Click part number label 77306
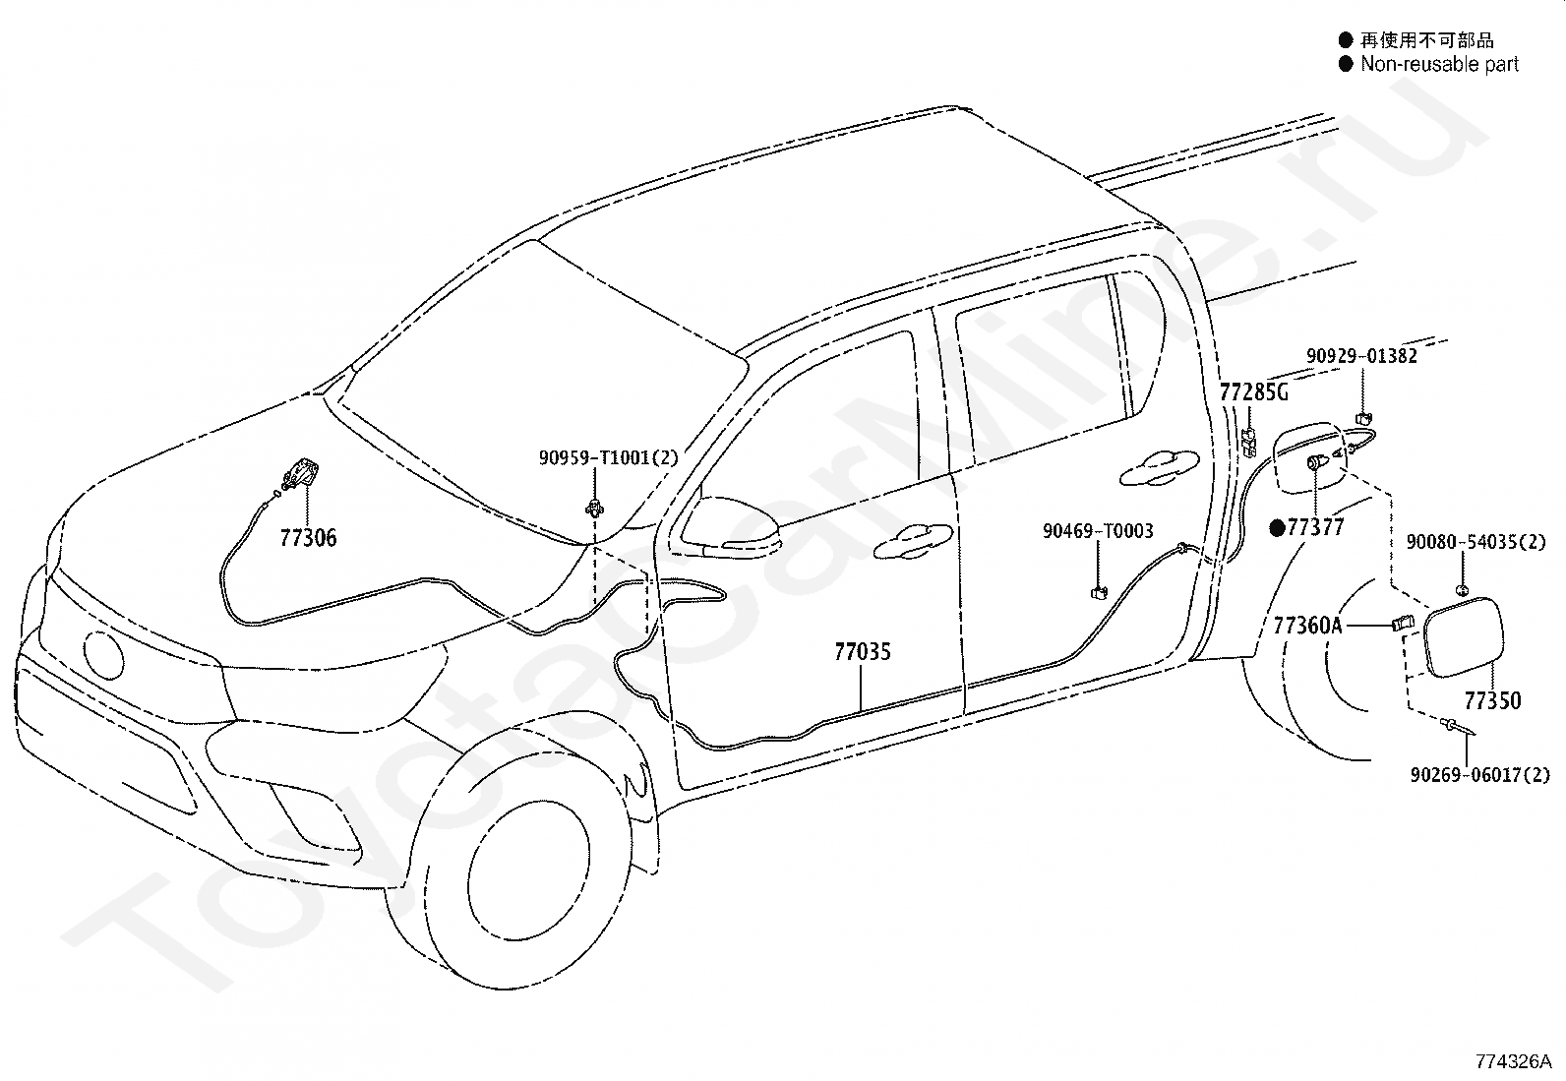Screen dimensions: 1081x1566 click(308, 538)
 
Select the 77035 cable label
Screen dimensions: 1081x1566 click(863, 651)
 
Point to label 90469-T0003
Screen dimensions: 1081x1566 click(1098, 531)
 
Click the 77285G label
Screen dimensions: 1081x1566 click(1253, 393)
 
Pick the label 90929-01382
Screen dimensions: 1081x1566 click(1361, 356)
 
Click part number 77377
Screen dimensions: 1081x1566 click(1315, 528)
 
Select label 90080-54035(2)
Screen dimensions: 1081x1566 click(1475, 542)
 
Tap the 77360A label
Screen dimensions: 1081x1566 click(1307, 626)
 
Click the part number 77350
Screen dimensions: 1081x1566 click(1492, 701)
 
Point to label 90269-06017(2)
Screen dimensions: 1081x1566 click(1478, 776)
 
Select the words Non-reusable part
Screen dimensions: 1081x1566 click(1439, 65)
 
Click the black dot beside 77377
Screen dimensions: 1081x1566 click(1277, 528)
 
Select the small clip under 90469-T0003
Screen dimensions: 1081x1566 click(1098, 592)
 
